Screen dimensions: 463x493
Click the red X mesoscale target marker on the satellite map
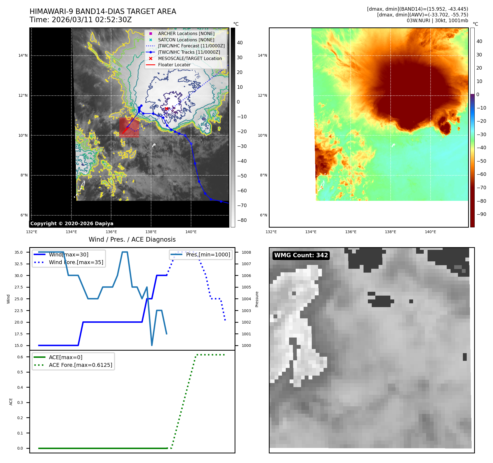pyautogui.click(x=166, y=109)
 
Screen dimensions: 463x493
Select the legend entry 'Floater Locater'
pyautogui.click(x=174, y=65)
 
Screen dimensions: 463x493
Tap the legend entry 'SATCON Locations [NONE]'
pyautogui.click(x=186, y=40)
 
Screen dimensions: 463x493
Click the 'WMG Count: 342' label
pyautogui.click(x=301, y=255)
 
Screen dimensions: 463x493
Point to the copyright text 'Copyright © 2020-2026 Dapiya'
pyautogui.click(x=72, y=224)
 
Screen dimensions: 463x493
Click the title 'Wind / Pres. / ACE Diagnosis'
pyautogui.click(x=132, y=239)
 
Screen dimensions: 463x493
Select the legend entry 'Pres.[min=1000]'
pyautogui.click(x=208, y=255)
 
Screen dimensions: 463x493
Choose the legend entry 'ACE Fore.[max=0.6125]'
pyautogui.click(x=80, y=365)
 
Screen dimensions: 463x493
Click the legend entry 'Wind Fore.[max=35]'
pyautogui.click(x=76, y=262)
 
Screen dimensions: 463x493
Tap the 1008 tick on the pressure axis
pyautogui.click(x=246, y=252)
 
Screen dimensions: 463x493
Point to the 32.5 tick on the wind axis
pyautogui.click(x=19, y=264)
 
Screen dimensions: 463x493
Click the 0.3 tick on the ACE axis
pyautogui.click(x=20, y=402)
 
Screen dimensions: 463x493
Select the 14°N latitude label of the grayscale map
pyautogui.click(x=23, y=56)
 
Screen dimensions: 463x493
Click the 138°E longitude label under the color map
pyautogui.click(x=390, y=232)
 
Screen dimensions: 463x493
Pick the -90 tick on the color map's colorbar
pyautogui.click(x=481, y=214)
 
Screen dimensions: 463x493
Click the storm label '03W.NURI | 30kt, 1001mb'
pyautogui.click(x=437, y=21)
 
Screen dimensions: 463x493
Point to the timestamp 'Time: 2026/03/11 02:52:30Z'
pyautogui.click(x=81, y=20)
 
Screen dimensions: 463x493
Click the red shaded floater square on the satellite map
pyautogui.click(x=129, y=127)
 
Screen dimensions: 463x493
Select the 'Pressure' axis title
pyautogui.click(x=257, y=299)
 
